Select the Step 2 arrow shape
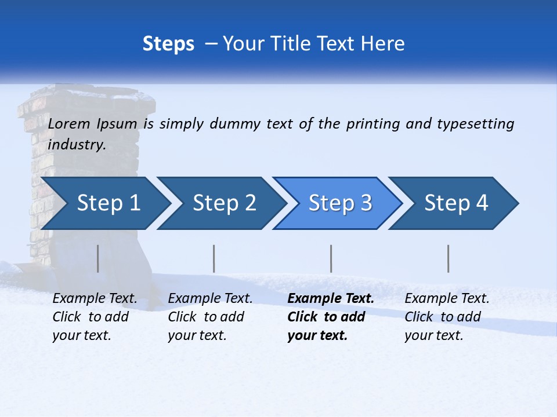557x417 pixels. click(x=224, y=203)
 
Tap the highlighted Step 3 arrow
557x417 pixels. click(x=340, y=203)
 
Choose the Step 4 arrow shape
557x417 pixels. click(x=456, y=203)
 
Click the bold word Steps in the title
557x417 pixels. click(x=168, y=43)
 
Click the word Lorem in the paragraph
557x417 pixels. click(x=69, y=123)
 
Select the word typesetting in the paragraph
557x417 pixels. click(x=475, y=123)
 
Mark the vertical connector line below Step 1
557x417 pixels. click(x=98, y=258)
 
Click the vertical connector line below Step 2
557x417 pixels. click(x=214, y=258)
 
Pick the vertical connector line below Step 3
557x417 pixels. click(x=331, y=258)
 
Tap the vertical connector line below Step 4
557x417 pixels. click(x=448, y=258)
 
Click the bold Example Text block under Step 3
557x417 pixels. click(x=330, y=317)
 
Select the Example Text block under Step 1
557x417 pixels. click(x=95, y=317)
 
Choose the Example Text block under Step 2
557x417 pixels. click(x=210, y=317)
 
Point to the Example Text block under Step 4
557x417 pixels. click(x=447, y=317)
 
